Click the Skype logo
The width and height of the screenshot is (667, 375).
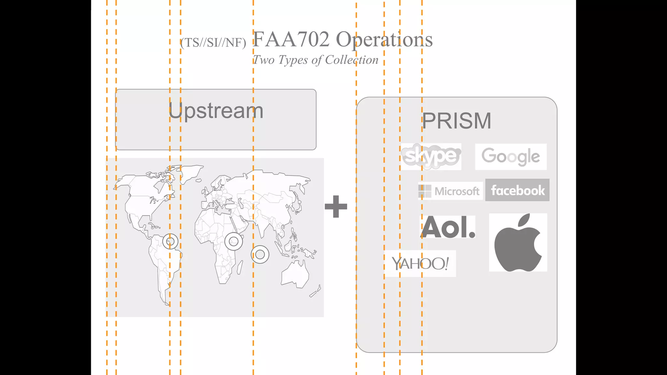tap(431, 157)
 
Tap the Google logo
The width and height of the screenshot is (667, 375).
tap(511, 157)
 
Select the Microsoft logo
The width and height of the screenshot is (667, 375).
tap(450, 191)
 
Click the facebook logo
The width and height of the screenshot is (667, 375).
tap(517, 190)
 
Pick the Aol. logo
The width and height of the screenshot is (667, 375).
tap(448, 227)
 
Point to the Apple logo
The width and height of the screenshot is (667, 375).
tap(518, 243)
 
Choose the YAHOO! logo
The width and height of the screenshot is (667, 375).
tap(420, 264)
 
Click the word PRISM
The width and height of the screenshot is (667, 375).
tap(457, 121)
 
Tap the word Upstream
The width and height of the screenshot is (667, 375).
tap(216, 111)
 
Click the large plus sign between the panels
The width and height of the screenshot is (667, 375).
tap(336, 206)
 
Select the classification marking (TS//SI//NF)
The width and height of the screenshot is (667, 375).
tap(213, 43)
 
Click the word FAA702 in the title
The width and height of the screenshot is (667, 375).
tap(291, 39)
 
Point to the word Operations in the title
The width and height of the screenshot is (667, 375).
tap(384, 39)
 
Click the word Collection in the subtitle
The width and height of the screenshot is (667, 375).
tap(352, 60)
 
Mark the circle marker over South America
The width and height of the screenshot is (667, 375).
tap(170, 242)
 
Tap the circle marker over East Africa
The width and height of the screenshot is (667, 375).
tap(234, 241)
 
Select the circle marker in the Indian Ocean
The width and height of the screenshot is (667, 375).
tap(260, 254)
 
